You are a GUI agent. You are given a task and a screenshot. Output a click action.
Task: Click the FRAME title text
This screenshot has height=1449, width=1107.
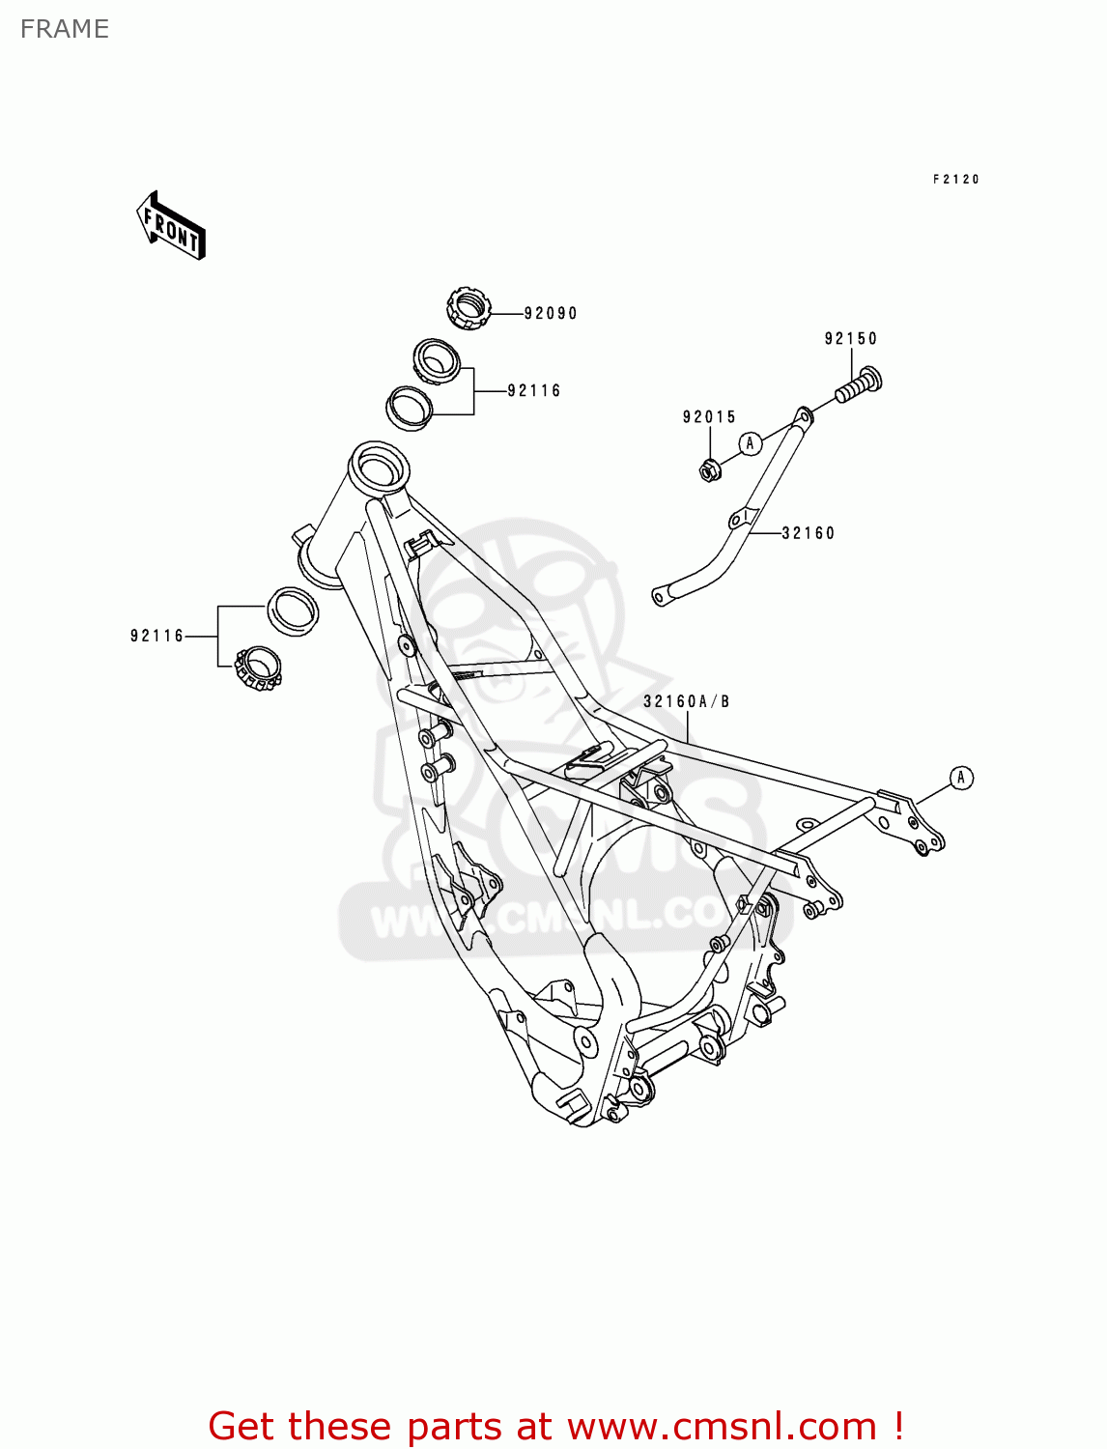(x=65, y=29)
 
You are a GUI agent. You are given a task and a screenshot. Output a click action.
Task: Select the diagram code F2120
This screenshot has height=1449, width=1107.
(x=955, y=180)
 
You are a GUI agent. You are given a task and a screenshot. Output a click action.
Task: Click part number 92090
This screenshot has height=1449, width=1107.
(x=551, y=313)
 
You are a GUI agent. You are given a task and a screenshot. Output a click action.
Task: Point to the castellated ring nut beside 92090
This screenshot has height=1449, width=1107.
(x=468, y=308)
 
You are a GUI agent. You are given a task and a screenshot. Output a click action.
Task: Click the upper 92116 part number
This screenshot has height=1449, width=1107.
(x=534, y=390)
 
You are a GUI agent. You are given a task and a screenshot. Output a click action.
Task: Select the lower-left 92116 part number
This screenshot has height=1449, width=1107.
(x=156, y=636)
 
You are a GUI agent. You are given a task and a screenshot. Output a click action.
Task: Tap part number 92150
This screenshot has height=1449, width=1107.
(x=850, y=338)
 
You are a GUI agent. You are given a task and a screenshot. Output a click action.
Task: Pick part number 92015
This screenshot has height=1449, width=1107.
(x=709, y=416)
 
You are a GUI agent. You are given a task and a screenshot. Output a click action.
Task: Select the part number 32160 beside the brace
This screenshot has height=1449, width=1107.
(x=808, y=533)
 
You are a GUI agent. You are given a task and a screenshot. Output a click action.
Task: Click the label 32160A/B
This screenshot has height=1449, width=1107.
(x=686, y=701)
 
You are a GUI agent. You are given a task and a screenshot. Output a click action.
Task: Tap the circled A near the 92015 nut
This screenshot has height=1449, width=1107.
(x=751, y=443)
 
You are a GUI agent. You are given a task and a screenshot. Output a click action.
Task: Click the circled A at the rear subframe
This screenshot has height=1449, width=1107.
(x=960, y=778)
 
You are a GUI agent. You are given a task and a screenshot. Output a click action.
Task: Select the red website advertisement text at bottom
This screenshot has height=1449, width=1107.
(x=555, y=1426)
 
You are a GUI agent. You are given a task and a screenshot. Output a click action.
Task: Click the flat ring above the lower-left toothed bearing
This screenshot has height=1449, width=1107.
(x=292, y=611)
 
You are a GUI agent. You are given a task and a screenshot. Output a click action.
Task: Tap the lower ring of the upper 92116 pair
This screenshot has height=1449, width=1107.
(x=410, y=407)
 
